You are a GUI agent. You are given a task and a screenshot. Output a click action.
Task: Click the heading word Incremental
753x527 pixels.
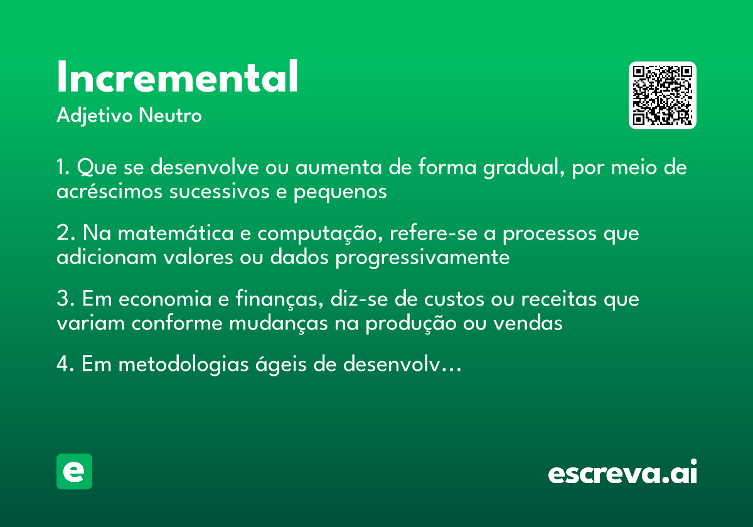(178, 78)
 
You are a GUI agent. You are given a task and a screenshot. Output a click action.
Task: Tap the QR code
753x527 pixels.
(663, 95)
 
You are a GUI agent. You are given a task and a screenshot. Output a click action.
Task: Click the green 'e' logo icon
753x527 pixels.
(74, 471)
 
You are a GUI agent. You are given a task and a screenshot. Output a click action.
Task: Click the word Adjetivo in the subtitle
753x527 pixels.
(94, 117)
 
